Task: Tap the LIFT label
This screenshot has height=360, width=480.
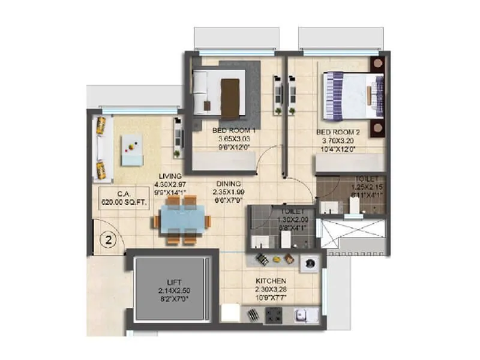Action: (173, 282)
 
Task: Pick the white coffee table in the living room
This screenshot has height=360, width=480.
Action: (133, 149)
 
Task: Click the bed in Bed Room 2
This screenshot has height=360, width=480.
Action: (352, 95)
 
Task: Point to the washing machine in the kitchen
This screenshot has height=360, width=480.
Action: (310, 263)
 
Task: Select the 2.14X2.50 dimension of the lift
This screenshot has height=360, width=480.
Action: (173, 291)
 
